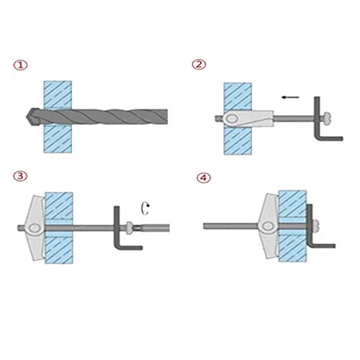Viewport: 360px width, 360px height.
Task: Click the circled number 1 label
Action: coord(20,65)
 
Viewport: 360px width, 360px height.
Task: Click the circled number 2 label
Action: coord(199,64)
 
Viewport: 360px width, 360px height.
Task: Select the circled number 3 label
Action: coord(20,176)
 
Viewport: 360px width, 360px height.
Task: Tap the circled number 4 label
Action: coord(204,178)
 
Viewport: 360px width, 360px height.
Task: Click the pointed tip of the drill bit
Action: coord(26,117)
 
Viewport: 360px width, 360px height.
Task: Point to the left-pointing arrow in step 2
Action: coord(290,97)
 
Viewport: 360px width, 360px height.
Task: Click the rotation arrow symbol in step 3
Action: coord(145,209)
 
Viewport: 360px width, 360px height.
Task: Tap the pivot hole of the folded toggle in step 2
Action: coord(232,118)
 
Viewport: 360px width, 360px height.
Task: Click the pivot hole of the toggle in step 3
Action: coord(35,228)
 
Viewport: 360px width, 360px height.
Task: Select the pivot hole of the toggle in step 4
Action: coord(268,226)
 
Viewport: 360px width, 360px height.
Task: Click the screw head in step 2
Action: coord(326,117)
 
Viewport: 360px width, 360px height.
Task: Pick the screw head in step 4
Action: coord(316,226)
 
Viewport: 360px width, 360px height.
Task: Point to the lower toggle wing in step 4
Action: coord(270,245)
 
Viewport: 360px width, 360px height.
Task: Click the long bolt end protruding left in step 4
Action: coord(230,226)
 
